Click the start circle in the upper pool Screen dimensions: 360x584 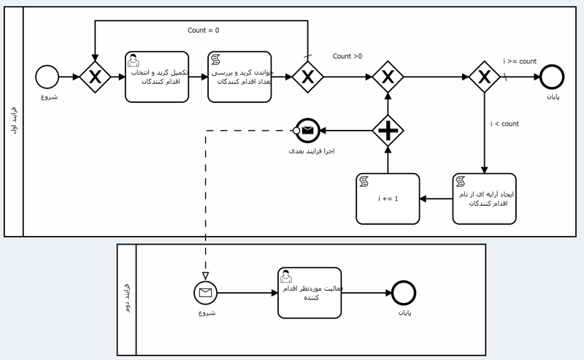pos(47,76)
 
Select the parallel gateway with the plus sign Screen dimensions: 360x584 pos(388,131)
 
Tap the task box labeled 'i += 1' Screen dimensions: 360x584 pos(388,199)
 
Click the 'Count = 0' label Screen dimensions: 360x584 pos(203,31)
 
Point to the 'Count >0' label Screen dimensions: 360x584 pos(347,56)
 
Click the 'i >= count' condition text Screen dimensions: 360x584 pos(520,61)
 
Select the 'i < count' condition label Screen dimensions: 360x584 pos(504,124)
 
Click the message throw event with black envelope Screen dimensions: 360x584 pos(307,131)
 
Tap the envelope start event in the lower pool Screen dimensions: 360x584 pos(205,294)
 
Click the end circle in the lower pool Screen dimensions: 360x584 pos(404,294)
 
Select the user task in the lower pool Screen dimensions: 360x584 pos(310,292)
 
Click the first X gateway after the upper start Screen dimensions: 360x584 pos(95,76)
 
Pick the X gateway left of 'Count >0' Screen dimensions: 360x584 pos(307,76)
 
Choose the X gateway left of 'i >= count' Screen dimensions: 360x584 pos(484,76)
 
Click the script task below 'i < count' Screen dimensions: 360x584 pos(484,198)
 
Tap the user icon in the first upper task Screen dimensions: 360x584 pos(134,60)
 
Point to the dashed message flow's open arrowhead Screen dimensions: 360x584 pos(205,275)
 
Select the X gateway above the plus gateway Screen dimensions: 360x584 pos(388,76)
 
